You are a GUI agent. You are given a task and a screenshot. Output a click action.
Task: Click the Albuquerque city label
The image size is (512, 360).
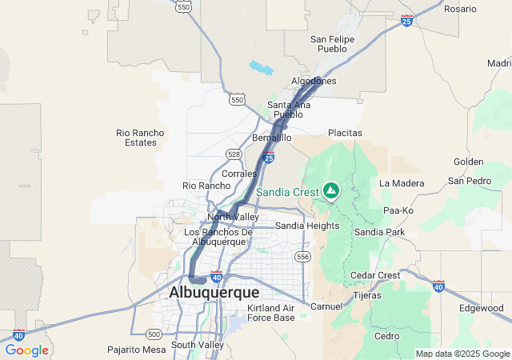pos(214,293)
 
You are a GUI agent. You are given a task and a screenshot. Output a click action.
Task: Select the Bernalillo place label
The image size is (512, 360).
pos(272,138)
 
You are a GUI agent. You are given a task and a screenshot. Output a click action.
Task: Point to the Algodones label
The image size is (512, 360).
pos(314,82)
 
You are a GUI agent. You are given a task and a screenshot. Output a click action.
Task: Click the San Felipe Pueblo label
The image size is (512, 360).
pos(328,43)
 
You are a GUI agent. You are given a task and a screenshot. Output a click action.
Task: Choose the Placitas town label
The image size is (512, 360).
pos(345,133)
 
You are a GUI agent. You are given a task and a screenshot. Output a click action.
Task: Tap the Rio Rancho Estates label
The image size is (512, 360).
pos(140,138)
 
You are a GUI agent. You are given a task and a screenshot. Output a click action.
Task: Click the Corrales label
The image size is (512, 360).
pos(239,174)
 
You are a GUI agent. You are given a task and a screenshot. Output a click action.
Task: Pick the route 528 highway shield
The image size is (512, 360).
pos(234,154)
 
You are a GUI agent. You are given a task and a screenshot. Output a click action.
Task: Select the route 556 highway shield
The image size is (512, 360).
pos(302,257)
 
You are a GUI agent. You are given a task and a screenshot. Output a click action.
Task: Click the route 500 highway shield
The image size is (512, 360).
pos(154,334)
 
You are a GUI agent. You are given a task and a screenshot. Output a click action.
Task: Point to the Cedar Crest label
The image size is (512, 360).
pos(375,275)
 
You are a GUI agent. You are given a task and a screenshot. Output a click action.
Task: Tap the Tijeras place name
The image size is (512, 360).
pos(367,296)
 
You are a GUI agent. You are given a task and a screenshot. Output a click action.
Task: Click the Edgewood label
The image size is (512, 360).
pos(482,308)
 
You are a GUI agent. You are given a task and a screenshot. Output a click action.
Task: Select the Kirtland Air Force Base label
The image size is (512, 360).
pos(271,313)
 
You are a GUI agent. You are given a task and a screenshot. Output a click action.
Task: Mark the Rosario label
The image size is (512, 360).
pos(460,9)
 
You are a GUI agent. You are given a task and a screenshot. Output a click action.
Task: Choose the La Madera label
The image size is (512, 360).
pos(402,182)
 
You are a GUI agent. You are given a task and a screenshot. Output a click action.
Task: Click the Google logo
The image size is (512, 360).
pos(26,350)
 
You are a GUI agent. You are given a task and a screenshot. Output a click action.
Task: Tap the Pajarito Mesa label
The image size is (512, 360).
pos(137,350)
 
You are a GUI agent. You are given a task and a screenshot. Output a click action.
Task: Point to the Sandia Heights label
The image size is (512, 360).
pos(307,226)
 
